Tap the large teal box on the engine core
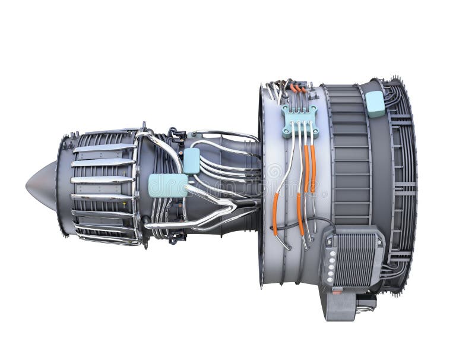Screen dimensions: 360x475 point(167,185)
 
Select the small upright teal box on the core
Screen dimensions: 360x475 point(191,160)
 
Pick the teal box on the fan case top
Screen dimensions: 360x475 point(375,103)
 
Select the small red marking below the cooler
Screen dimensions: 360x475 point(336,292)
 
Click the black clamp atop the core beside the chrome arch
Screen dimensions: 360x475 point(177,134)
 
